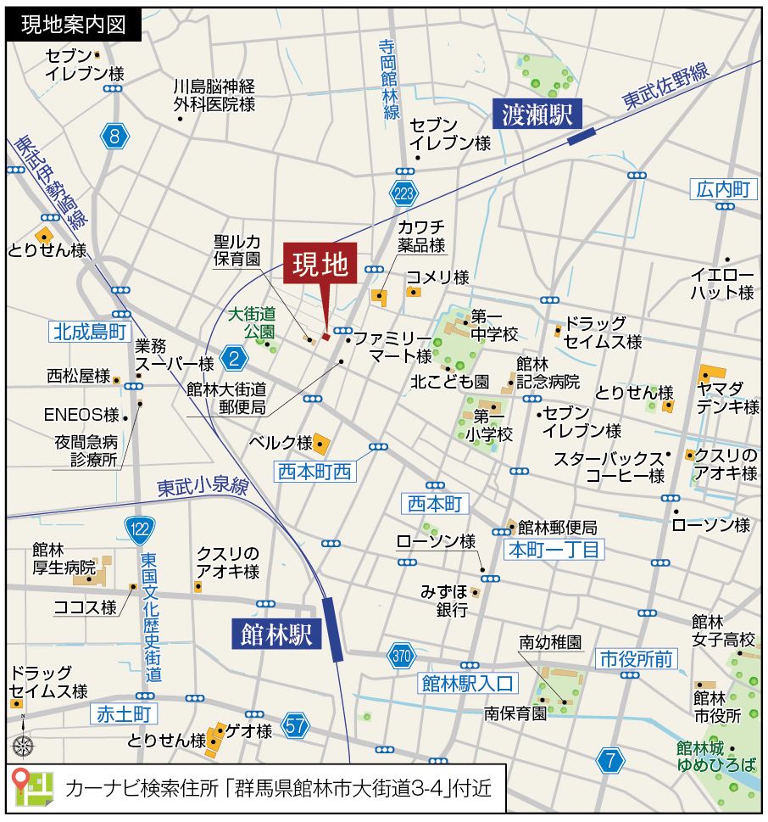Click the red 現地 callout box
321,266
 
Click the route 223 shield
404,194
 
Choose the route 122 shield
140,530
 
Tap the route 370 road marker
402,655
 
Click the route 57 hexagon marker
296,725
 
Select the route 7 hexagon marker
609,760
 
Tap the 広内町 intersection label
722,189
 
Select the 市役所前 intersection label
636,657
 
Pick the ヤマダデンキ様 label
728,397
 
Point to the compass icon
23,746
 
